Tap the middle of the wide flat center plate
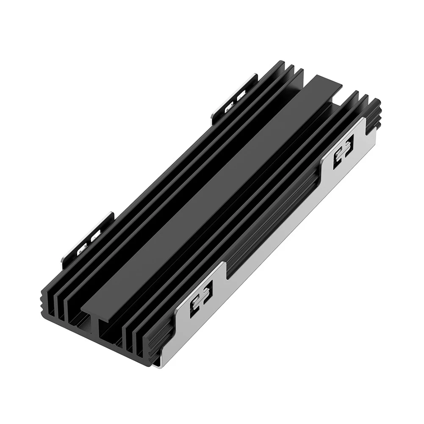pyautogui.click(x=212, y=191)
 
